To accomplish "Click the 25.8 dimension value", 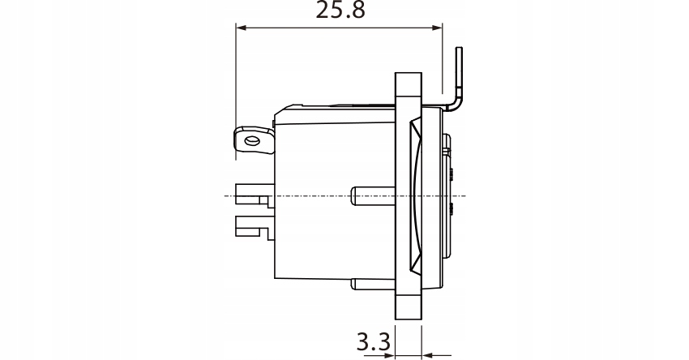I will [339, 11].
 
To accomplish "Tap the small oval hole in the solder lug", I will [253, 142].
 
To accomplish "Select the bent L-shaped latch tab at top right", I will [458, 81].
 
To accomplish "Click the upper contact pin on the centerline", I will [252, 195].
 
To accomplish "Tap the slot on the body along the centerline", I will [374, 195].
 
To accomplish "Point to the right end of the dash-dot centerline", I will [464, 196].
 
